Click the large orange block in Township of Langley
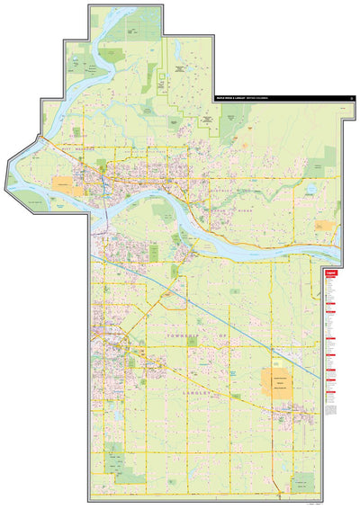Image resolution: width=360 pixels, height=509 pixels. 279,383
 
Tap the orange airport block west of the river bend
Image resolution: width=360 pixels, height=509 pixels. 63,182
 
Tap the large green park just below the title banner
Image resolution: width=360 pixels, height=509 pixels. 234,114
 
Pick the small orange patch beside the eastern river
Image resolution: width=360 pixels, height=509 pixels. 329,228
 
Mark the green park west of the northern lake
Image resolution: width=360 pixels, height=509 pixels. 90,65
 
